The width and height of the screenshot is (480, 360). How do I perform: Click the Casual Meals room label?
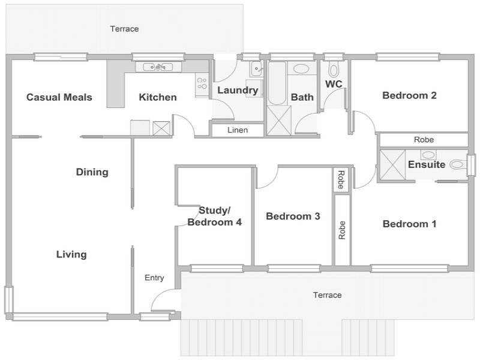(x=59, y=97)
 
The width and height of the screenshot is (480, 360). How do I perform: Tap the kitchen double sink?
(x=158, y=67)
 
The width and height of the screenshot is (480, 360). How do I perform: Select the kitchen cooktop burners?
(x=202, y=83)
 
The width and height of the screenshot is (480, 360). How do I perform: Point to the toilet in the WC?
(x=333, y=70)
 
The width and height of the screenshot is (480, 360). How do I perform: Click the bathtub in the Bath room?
(x=277, y=83)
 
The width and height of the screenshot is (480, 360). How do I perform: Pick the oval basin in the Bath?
(x=302, y=68)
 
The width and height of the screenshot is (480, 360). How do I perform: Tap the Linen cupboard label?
(x=238, y=130)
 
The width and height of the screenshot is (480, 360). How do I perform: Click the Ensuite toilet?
(x=458, y=164)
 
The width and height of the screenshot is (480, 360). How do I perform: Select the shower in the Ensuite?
(x=392, y=164)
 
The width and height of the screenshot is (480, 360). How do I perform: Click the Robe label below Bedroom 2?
(x=424, y=140)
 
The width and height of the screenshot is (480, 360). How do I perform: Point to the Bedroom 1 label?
(x=409, y=224)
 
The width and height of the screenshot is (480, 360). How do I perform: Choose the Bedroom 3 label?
(x=293, y=216)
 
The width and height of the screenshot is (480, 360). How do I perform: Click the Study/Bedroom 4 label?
(x=215, y=216)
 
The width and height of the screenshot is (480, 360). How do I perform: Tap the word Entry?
(x=154, y=278)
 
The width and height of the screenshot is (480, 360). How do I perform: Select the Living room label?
(x=71, y=254)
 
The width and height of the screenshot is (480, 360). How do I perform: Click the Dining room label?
(x=92, y=172)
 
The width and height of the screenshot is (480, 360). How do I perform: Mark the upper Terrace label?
(x=124, y=29)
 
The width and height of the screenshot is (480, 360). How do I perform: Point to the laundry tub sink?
(x=256, y=68)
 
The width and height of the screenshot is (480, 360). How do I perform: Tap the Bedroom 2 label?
(x=409, y=95)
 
